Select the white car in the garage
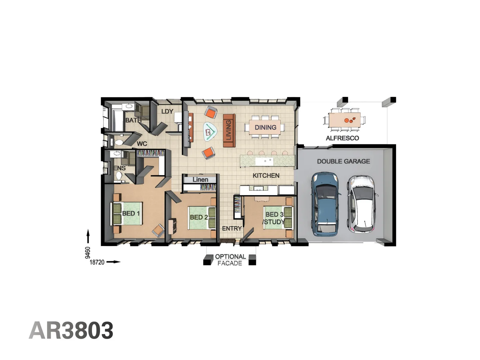[361, 204]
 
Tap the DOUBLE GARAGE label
[343, 161]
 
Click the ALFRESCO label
[342, 138]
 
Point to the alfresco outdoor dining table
[344, 120]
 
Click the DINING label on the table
[265, 127]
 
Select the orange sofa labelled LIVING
[229, 130]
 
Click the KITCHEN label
[266, 175]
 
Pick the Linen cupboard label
[200, 180]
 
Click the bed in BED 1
[128, 213]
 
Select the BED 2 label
[199, 217]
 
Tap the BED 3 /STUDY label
[274, 218]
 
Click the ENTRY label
[232, 228]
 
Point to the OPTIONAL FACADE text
[230, 260]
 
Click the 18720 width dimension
[97, 262]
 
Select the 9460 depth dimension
[88, 252]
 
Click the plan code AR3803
[71, 330]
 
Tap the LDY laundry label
[167, 111]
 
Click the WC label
[142, 144]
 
